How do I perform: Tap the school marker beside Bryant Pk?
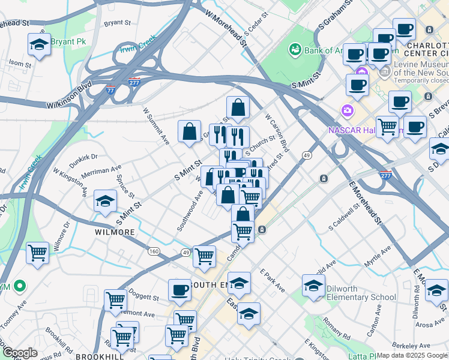(40, 45)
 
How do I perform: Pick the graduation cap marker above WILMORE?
(105, 202)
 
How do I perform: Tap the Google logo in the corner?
(20, 353)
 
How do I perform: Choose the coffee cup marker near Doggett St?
(179, 291)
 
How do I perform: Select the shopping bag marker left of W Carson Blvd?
(238, 109)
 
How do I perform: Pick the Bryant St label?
(118, 23)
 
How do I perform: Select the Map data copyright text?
(412, 355)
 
